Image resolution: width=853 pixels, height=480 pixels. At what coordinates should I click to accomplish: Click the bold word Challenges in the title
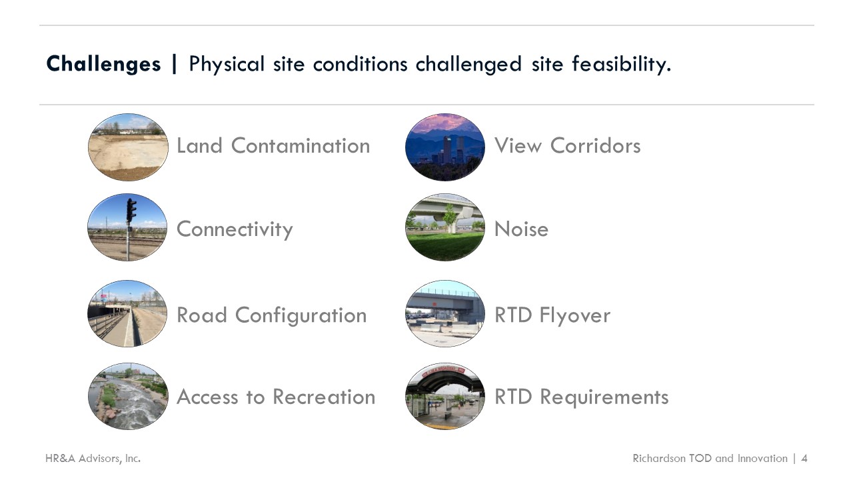(103, 64)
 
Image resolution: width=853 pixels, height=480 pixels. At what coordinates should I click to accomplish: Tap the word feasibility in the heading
(622, 64)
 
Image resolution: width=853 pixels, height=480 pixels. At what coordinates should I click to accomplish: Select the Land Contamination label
(273, 145)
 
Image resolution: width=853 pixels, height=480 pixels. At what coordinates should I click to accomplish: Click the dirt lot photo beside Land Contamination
(128, 147)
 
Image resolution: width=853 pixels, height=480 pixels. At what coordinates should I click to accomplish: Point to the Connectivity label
(235, 229)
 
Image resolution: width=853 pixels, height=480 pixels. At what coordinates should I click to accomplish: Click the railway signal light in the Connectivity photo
(131, 210)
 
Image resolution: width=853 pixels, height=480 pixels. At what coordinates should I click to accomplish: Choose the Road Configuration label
(271, 315)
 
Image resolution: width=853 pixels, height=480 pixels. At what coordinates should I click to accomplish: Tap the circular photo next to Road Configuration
(127, 313)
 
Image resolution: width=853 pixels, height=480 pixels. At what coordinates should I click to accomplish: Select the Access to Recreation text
(276, 397)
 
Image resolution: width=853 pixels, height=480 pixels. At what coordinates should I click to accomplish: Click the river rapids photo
(128, 396)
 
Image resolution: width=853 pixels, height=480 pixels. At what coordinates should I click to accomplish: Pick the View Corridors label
(567, 145)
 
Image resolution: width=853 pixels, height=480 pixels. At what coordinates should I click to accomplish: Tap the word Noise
(521, 229)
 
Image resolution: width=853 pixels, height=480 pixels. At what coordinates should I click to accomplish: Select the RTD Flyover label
(552, 315)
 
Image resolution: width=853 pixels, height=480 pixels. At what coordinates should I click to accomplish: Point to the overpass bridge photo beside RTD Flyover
(445, 313)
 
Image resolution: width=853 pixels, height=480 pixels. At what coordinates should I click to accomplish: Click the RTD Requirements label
(582, 397)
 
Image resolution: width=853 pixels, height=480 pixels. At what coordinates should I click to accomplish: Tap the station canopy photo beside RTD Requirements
(445, 396)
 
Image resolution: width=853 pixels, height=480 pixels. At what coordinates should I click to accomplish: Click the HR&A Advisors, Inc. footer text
(93, 458)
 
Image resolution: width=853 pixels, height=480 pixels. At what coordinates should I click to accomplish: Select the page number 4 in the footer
(804, 458)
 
